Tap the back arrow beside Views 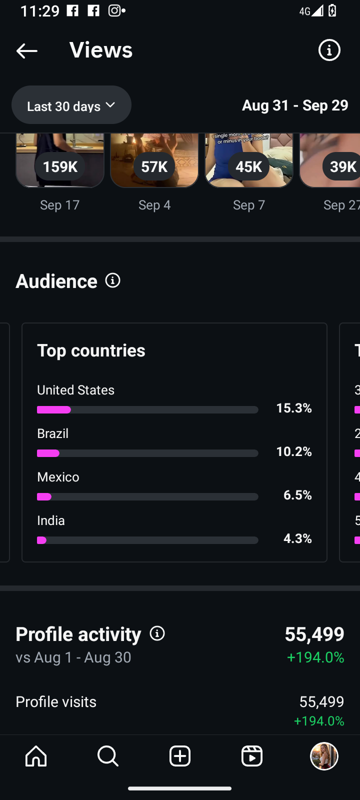(27, 50)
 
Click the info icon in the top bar (329, 50)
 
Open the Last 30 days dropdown (71, 105)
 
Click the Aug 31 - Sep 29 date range (295, 105)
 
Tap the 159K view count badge (60, 166)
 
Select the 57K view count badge (154, 166)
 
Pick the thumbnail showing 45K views (248, 160)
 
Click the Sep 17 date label (60, 205)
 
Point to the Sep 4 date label (154, 205)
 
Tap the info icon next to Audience (113, 280)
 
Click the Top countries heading (91, 350)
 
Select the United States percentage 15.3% (294, 408)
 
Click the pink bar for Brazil (48, 453)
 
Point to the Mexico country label (58, 477)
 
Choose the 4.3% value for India (297, 539)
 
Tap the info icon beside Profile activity (157, 633)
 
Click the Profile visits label (56, 702)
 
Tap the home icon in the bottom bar (36, 756)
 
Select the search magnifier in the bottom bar (107, 756)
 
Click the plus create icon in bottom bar (180, 756)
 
